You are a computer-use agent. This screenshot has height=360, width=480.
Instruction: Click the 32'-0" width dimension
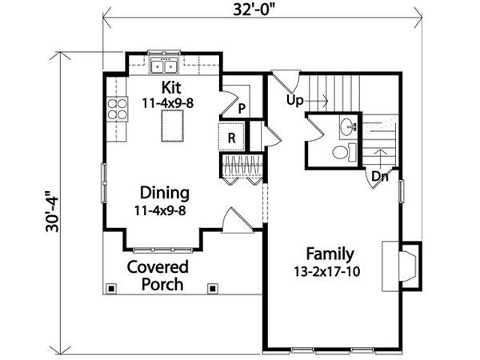click(x=252, y=9)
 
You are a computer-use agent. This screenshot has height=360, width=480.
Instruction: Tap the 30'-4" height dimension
click(x=52, y=211)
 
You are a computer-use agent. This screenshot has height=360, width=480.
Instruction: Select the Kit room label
click(x=171, y=87)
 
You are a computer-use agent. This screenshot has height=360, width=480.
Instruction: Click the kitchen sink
click(x=164, y=66)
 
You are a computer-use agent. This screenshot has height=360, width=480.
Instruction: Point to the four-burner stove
click(x=118, y=109)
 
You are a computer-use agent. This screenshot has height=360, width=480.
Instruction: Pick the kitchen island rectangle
click(x=173, y=126)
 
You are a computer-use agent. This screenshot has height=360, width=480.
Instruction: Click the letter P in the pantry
click(x=242, y=108)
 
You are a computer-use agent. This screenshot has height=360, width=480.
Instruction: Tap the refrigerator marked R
click(x=232, y=138)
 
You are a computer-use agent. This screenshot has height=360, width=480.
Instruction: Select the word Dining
click(x=165, y=193)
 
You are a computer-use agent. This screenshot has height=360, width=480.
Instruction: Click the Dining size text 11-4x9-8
click(x=160, y=210)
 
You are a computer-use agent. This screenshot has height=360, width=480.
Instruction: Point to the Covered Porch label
click(x=158, y=275)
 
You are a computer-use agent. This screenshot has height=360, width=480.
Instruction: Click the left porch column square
click(x=111, y=288)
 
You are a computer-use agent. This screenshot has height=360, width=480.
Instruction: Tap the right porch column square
click(x=212, y=288)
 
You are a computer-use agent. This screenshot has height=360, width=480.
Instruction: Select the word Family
click(x=330, y=254)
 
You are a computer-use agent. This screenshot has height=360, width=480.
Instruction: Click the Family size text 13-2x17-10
click(x=327, y=271)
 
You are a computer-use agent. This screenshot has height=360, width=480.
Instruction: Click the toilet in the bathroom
click(x=344, y=152)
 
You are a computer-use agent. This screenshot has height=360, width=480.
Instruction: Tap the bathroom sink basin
click(x=348, y=126)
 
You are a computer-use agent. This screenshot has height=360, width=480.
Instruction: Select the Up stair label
click(x=294, y=101)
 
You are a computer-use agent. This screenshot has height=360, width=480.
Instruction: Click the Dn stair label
click(x=379, y=177)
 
